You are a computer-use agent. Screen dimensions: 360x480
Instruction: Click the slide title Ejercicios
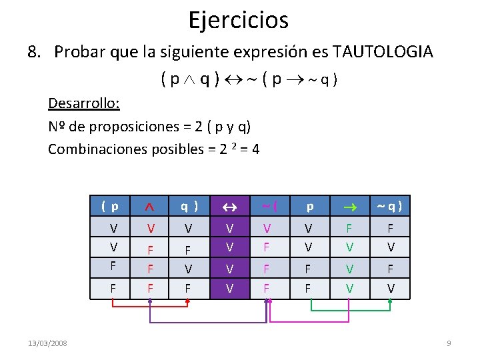coord(239,20)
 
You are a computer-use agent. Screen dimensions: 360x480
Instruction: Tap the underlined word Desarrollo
coord(84,103)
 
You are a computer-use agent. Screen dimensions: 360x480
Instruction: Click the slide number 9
coord(449,343)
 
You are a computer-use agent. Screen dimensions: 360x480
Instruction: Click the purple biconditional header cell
coord(230,207)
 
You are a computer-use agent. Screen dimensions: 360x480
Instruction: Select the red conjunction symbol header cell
coord(151,207)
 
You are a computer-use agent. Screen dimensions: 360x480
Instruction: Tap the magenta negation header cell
coord(269,207)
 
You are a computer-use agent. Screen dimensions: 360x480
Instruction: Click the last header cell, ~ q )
coord(391,207)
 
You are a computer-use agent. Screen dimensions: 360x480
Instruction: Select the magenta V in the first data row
coord(267,229)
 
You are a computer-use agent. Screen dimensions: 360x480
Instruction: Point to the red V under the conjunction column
coord(151,229)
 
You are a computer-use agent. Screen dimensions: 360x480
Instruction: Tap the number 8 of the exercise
coord(32,52)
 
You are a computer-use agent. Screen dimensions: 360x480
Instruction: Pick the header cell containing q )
coord(190,207)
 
